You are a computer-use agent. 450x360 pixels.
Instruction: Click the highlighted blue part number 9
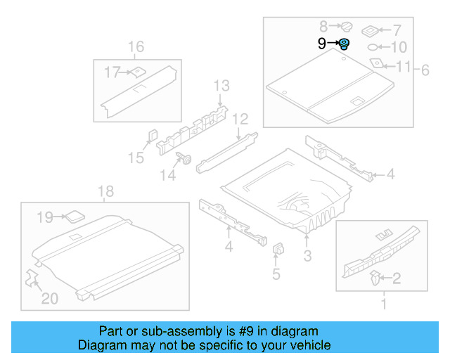point(345,44)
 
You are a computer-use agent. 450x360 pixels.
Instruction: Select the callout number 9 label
point(321,44)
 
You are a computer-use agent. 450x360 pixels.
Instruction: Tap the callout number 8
point(323,26)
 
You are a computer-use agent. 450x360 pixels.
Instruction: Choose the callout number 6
point(424,70)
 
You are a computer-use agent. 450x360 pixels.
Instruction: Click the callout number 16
point(136,47)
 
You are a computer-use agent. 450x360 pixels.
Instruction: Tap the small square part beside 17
point(139,70)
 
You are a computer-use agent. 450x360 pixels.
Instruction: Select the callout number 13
point(222,86)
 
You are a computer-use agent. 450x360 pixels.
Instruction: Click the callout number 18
point(105,191)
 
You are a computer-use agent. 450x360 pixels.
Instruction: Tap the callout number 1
point(383,304)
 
